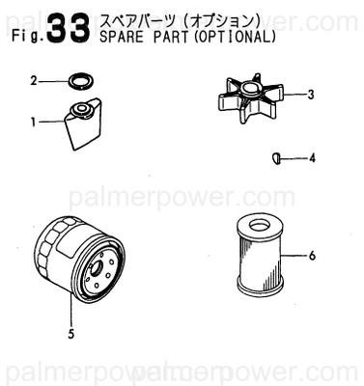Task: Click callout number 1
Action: [x=33, y=123]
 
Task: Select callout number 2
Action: [x=33, y=81]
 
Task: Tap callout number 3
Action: [x=311, y=95]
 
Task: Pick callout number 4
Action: [x=311, y=156]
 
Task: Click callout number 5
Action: [x=70, y=336]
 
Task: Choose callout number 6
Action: [x=312, y=256]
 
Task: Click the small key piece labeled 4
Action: [x=275, y=156]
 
